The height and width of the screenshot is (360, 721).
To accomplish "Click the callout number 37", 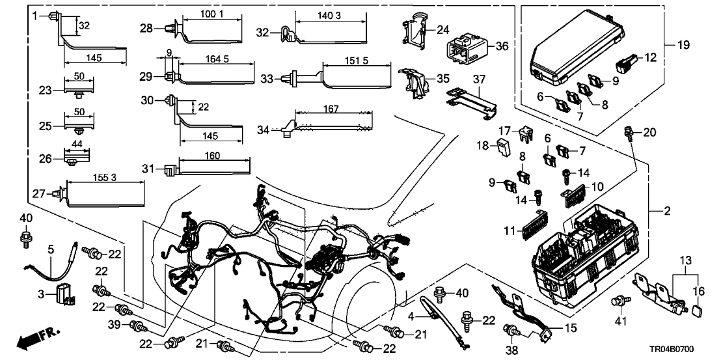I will pyautogui.click(x=480, y=79).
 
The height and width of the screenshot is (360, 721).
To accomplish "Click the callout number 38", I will pyautogui.click(x=513, y=350).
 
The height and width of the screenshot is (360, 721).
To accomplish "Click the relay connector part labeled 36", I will pyautogui.click(x=465, y=48).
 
